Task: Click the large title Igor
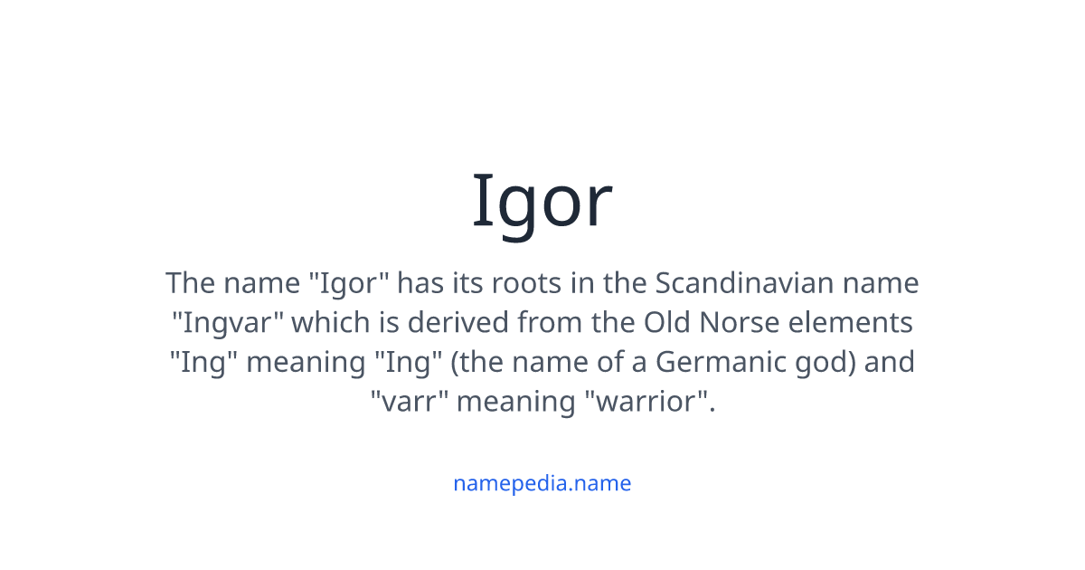point(542,202)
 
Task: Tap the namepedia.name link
point(542,483)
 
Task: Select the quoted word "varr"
point(409,401)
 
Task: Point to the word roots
point(522,283)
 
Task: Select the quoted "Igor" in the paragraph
point(349,284)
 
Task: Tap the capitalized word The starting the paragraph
point(189,283)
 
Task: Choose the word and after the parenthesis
point(891,362)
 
